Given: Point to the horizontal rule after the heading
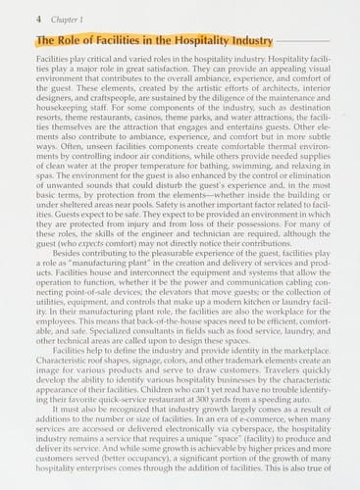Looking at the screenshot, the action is click(x=294, y=42).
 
